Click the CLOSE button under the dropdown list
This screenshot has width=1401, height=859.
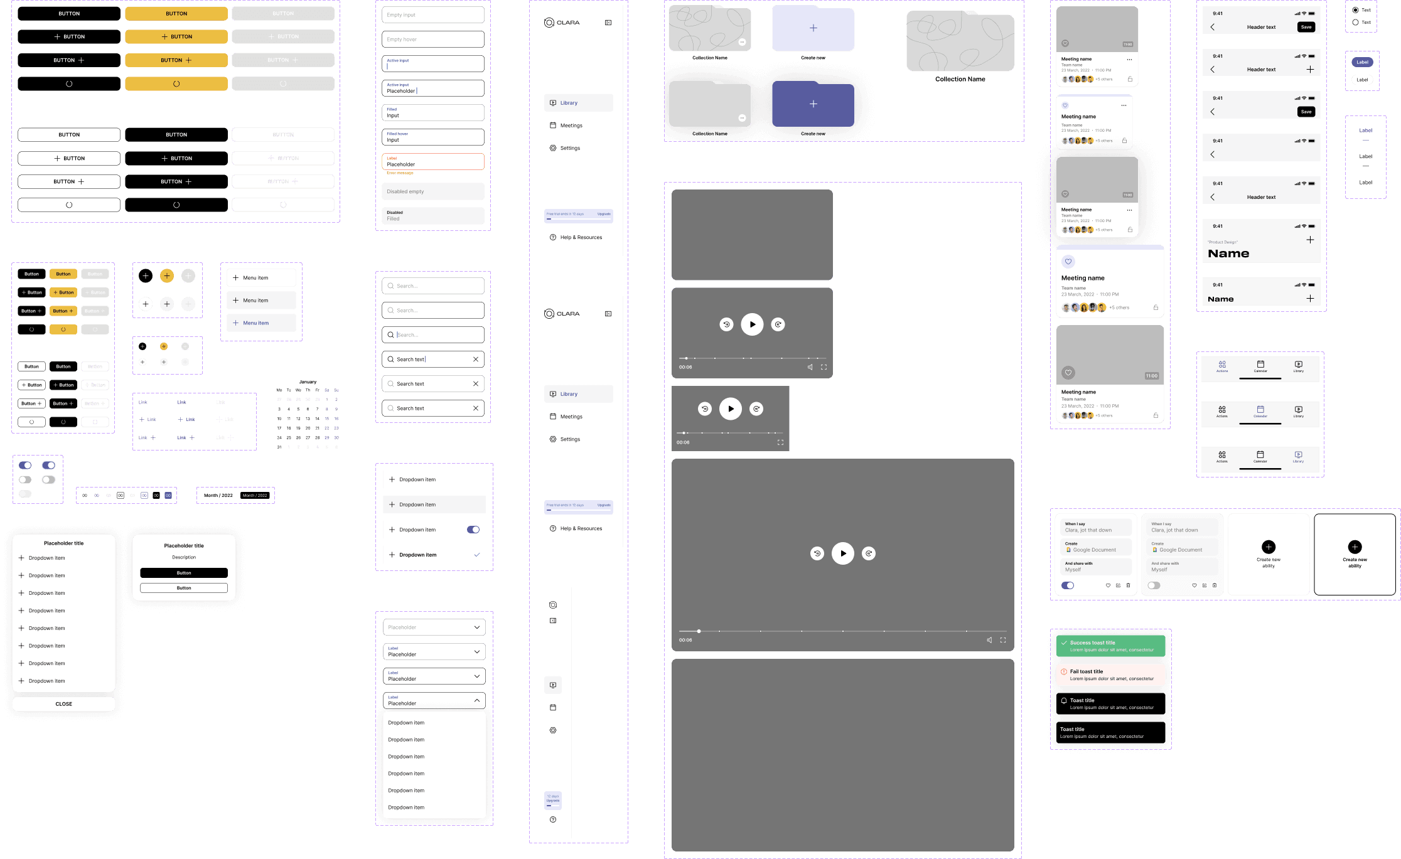point(63,704)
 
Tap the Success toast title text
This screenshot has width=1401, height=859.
point(1092,643)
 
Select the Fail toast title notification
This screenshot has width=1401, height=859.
point(1110,675)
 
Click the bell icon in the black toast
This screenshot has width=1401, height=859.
point(1064,701)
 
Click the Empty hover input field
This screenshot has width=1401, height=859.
point(432,40)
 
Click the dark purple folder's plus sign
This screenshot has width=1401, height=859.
point(813,104)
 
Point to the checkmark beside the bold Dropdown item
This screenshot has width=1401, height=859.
point(477,555)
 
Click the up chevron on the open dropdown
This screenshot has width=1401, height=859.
point(477,700)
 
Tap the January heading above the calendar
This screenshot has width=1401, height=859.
point(308,381)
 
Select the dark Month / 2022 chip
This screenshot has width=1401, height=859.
point(255,496)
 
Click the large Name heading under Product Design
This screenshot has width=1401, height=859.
point(1228,253)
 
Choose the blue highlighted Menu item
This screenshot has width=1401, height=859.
point(261,323)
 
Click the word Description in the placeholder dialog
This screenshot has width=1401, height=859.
point(184,557)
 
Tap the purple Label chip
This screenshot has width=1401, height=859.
point(1362,62)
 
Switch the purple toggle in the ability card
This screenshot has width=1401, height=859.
point(1068,585)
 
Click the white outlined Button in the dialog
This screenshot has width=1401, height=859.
point(184,588)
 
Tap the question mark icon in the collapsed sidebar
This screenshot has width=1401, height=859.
point(553,819)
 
